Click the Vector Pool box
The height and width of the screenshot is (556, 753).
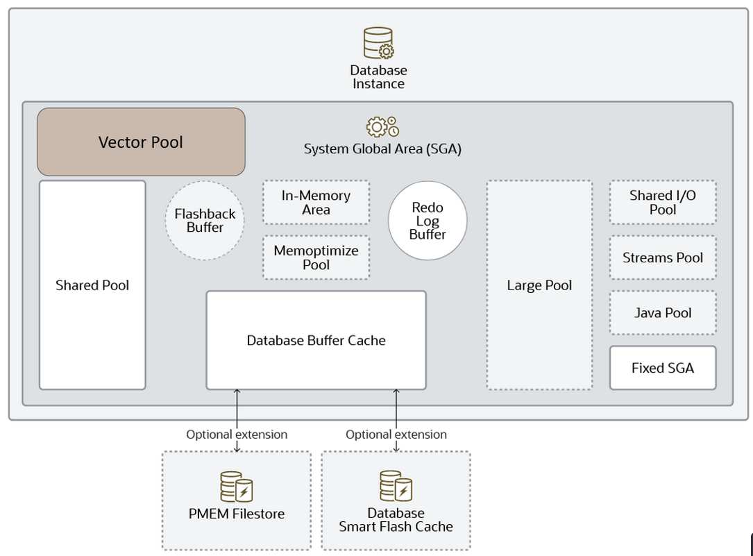pos(141,142)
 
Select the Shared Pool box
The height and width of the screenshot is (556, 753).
pos(92,285)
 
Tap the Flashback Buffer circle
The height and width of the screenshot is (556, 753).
pos(205,221)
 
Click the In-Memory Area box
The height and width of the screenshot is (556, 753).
pos(316,203)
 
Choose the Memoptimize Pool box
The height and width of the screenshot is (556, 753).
pos(316,258)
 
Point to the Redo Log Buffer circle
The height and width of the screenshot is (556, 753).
pos(428,221)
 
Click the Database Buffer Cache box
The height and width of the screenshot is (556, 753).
pos(316,340)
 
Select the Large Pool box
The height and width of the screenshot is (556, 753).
pos(539,285)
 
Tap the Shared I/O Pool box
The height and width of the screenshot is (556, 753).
pos(663,203)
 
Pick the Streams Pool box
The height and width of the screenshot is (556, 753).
pos(663,258)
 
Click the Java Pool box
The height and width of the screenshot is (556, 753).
pos(663,313)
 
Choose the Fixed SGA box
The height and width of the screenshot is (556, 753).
pos(663,368)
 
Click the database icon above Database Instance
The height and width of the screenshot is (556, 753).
pos(378,43)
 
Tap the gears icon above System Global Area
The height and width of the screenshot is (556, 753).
pos(382,127)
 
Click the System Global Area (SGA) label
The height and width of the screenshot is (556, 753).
pos(382,149)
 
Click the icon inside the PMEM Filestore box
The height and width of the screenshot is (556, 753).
pos(237,487)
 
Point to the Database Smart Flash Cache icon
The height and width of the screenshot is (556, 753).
pos(396,486)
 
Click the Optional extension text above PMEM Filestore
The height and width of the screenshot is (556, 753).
pos(237,435)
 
